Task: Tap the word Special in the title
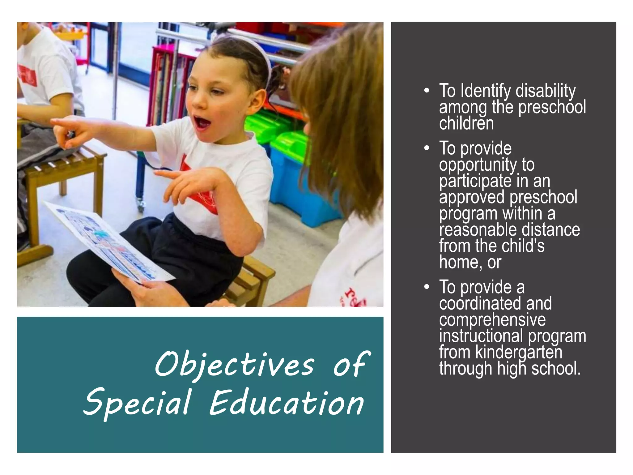click(x=137, y=403)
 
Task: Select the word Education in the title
click(x=287, y=403)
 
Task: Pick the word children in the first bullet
click(x=466, y=123)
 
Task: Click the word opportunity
click(x=478, y=165)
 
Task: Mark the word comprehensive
click(x=492, y=319)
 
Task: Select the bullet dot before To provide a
click(x=427, y=287)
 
